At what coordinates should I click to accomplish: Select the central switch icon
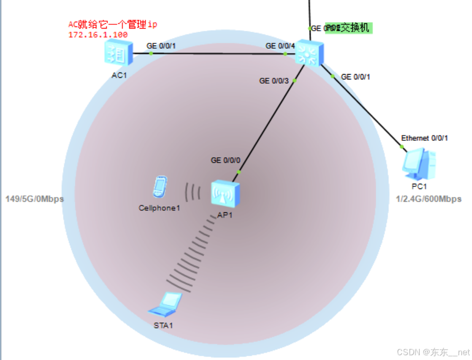click(310, 52)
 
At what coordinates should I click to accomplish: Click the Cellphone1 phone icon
click(160, 186)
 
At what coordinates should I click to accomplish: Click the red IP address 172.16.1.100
click(98, 34)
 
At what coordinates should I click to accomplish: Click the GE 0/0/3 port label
click(274, 81)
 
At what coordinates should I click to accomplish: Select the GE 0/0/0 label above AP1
click(225, 160)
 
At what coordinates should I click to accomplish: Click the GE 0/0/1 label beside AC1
click(161, 46)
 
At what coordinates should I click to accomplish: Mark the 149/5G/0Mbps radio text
click(34, 199)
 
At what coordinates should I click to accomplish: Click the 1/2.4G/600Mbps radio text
click(429, 199)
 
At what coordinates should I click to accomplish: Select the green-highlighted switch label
click(349, 28)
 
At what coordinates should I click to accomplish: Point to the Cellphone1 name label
click(160, 208)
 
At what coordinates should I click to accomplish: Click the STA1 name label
click(164, 325)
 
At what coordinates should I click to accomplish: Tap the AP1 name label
click(225, 215)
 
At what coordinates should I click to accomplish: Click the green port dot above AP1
click(239, 172)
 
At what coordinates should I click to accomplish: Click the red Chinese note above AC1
click(113, 24)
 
